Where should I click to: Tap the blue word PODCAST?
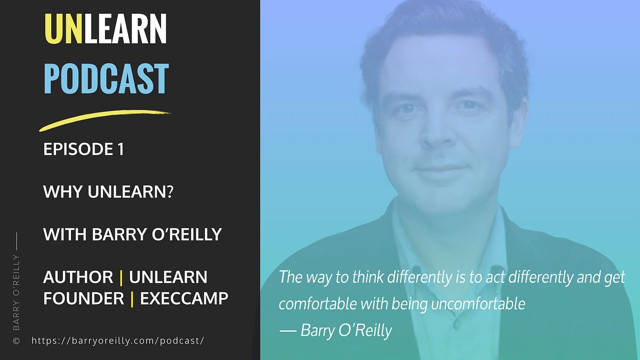click(106, 79)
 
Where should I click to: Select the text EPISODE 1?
click(84, 150)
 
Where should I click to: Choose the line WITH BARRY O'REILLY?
click(132, 234)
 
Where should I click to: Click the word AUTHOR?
click(78, 277)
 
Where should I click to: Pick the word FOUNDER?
click(84, 299)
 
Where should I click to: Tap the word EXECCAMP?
click(184, 299)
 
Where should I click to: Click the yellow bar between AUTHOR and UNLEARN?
click(121, 277)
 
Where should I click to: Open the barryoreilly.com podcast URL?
click(118, 340)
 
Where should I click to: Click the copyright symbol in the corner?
click(16, 340)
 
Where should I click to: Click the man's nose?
click(435, 136)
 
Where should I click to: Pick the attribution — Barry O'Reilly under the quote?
click(335, 330)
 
